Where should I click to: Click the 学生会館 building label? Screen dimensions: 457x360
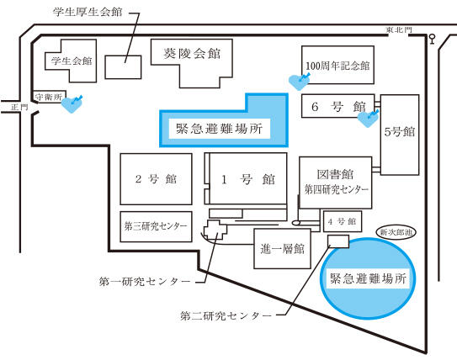(72, 61)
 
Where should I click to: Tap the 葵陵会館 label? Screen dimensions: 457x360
(192, 54)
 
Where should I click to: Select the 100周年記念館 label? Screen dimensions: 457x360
(337, 66)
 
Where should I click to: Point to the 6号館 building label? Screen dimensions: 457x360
(338, 107)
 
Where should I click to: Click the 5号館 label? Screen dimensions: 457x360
(400, 132)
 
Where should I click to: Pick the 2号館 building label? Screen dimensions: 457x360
(156, 179)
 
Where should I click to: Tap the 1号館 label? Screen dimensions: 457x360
(248, 179)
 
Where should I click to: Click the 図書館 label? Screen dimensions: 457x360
(335, 174)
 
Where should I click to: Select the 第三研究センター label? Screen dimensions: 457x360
(156, 226)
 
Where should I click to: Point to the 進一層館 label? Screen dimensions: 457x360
(282, 249)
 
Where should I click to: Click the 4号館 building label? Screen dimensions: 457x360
(343, 222)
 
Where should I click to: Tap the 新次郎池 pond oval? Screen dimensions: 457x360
(396, 232)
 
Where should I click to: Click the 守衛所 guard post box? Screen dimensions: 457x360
(50, 97)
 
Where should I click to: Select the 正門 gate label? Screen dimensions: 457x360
(19, 107)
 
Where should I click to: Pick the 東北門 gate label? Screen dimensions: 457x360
(399, 29)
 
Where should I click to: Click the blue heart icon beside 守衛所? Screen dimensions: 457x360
(72, 104)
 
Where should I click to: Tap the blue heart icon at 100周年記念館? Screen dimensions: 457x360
(299, 82)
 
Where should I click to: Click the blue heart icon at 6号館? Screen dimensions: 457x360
(368, 119)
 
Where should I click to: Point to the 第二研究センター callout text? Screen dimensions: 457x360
(226, 315)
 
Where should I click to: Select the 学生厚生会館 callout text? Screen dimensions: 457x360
(88, 12)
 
